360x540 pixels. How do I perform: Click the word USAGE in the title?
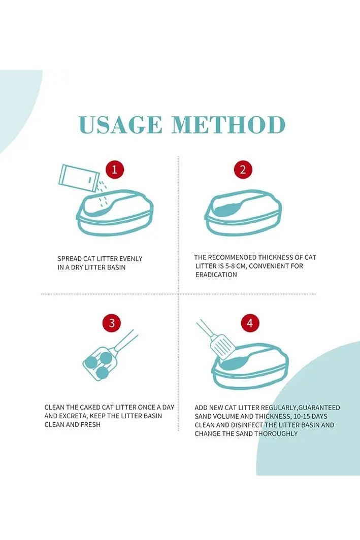(120, 125)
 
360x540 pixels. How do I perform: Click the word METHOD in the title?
(228, 125)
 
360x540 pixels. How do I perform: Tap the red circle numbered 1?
(115, 170)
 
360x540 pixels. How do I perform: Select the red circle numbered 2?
(243, 170)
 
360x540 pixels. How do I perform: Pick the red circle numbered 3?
(112, 323)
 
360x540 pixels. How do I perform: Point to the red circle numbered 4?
(250, 323)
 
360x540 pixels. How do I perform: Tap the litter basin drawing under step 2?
(243, 213)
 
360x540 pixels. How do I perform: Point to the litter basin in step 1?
(115, 213)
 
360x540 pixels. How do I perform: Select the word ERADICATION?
(216, 275)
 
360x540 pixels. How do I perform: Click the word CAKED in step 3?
(90, 408)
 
